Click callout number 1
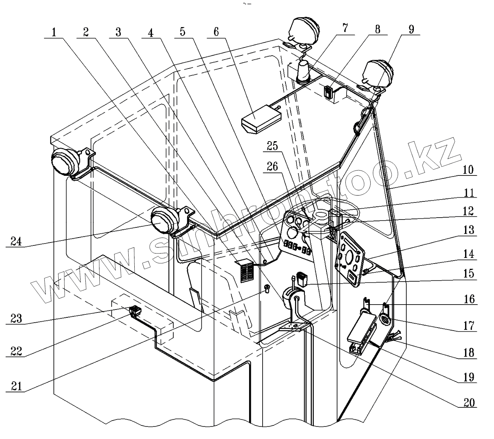pyautogui.click(x=54, y=32)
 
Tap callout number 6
pyautogui.click(x=216, y=32)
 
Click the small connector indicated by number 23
pyautogui.click(x=134, y=311)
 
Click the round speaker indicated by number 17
pyautogui.click(x=385, y=320)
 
